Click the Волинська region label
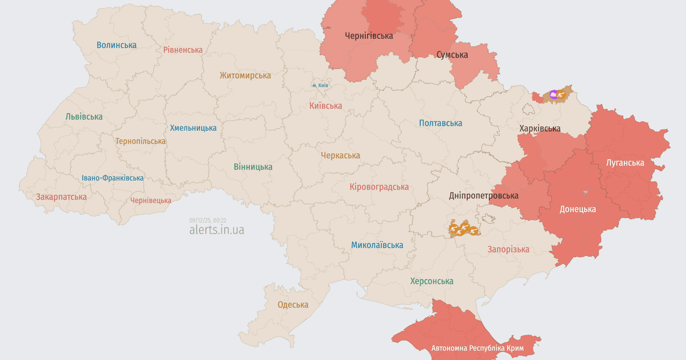coord(117,45)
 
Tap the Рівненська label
coord(182,50)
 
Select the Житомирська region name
coord(245,75)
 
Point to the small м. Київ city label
coord(320,85)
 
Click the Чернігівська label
coord(369,35)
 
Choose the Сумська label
coord(452,55)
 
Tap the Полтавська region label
coord(440,123)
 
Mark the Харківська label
coord(540,128)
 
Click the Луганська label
coord(625,162)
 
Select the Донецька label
coord(577,209)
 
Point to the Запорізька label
coord(508,249)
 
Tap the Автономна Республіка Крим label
coord(477,348)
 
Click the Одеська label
coord(293,305)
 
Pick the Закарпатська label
coord(61,197)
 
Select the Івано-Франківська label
coord(113,178)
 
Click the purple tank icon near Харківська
coord(553,94)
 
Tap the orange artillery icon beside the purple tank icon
coord(562,95)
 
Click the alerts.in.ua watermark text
coord(217,230)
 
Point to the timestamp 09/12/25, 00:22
coord(208,220)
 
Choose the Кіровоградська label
coord(379,187)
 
